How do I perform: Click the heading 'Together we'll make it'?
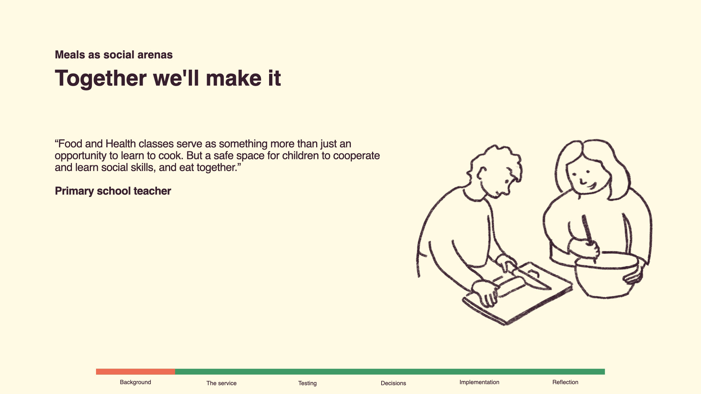(x=168, y=78)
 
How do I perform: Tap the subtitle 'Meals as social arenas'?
(x=114, y=55)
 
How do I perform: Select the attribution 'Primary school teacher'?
(x=113, y=191)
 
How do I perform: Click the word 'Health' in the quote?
(x=120, y=144)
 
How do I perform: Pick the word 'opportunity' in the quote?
(x=80, y=156)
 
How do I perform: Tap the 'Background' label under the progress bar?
(x=135, y=382)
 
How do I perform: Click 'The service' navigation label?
(x=221, y=383)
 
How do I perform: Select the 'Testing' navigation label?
(x=307, y=383)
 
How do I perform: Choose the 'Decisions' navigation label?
(x=393, y=383)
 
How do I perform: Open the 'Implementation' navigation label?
(x=479, y=382)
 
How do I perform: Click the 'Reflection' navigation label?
(x=565, y=382)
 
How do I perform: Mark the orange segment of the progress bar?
(x=135, y=372)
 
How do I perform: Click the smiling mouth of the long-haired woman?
(x=591, y=186)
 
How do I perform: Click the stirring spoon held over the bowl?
(x=588, y=233)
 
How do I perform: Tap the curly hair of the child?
(x=497, y=161)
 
